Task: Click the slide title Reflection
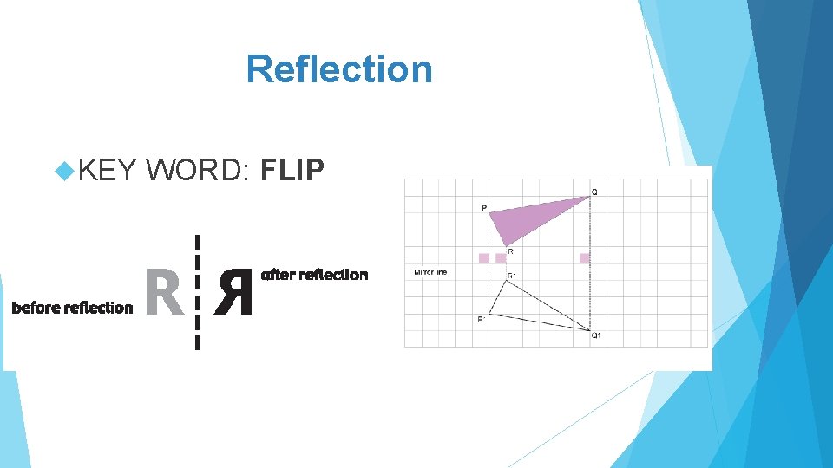tap(338, 69)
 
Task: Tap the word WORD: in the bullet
tap(199, 171)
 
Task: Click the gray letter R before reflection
tap(164, 292)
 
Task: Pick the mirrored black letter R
tap(234, 292)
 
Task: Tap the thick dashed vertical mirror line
tap(198, 292)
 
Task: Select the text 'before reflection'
tap(72, 308)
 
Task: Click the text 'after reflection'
tap(315, 275)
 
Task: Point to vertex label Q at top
tap(594, 192)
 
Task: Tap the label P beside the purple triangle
tap(483, 208)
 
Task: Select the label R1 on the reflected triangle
tap(512, 276)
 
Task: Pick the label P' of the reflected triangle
tap(481, 320)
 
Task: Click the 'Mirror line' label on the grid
tap(430, 272)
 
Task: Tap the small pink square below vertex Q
tap(585, 257)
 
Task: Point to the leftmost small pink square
tap(483, 257)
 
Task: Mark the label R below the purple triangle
tap(510, 252)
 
